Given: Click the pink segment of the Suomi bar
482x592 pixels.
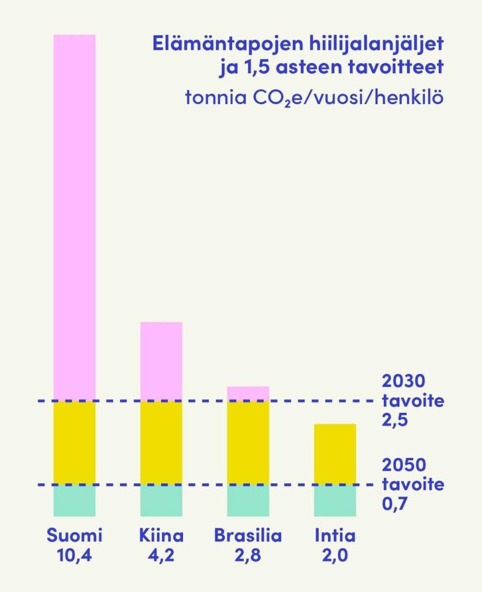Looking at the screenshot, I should pyautogui.click(x=74, y=217).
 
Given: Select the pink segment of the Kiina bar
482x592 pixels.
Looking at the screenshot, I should pyautogui.click(x=161, y=361).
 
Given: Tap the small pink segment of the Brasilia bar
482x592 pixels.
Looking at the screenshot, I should pyautogui.click(x=248, y=393).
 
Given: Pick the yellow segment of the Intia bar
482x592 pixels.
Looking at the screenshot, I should pyautogui.click(x=335, y=454).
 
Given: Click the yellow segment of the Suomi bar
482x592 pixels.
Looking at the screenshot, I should pyautogui.click(x=74, y=442).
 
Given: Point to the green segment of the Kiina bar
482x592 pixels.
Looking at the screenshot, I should pyautogui.click(x=161, y=500).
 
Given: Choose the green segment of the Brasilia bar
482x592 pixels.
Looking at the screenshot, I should pyautogui.click(x=248, y=500).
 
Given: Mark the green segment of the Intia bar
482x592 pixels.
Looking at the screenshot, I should pyautogui.click(x=335, y=500).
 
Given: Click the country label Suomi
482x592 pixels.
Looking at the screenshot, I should pyautogui.click(x=74, y=535).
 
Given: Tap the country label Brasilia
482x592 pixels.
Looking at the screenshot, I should pyautogui.click(x=248, y=535).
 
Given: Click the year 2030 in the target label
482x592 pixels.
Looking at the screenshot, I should pyautogui.click(x=403, y=382).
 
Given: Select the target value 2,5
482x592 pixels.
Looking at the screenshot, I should pyautogui.click(x=395, y=420).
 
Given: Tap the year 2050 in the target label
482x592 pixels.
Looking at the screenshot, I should pyautogui.click(x=403, y=465).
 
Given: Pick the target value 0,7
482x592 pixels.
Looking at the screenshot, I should pyautogui.click(x=395, y=503).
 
